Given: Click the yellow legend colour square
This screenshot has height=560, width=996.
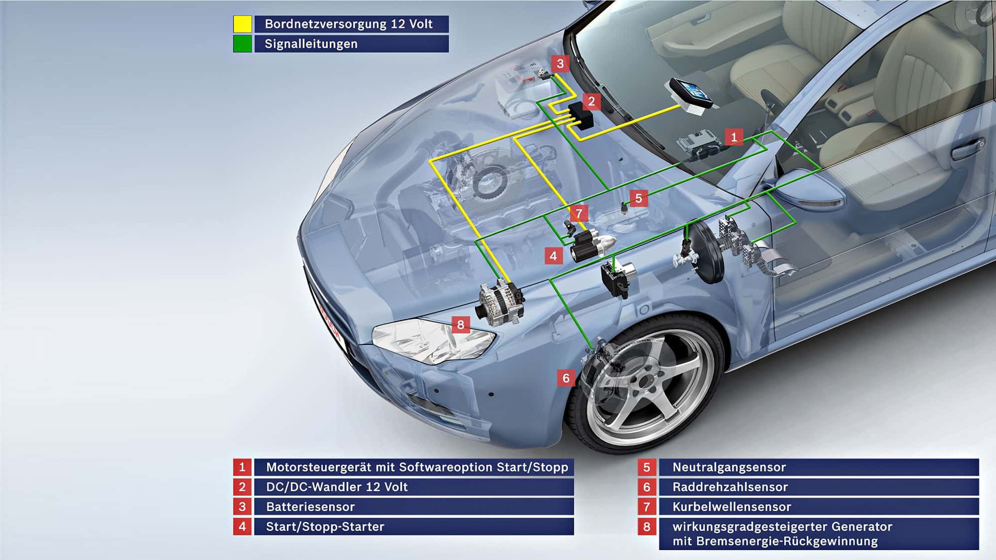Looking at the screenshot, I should tap(243, 24).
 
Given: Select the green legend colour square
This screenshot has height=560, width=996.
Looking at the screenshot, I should tap(243, 44).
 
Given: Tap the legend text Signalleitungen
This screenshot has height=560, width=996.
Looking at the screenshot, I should tap(311, 44).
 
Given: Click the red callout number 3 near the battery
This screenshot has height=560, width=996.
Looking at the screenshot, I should tap(560, 64).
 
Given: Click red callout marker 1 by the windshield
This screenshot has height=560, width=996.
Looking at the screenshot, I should tap(734, 137).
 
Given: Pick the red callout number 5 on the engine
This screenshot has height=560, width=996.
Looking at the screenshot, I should tap(638, 199).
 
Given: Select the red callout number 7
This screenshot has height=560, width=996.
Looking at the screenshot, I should tap(579, 214).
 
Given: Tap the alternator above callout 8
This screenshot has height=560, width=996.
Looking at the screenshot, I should tap(500, 303).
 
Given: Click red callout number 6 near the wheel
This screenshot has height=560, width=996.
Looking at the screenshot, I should tap(566, 378).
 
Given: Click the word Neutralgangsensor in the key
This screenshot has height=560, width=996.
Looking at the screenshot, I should tap(729, 467).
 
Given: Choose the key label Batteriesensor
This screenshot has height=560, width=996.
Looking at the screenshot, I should tap(310, 507).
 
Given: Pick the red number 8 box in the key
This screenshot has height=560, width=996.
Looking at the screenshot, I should tap(646, 527).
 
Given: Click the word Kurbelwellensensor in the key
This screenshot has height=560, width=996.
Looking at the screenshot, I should tap(732, 507).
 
